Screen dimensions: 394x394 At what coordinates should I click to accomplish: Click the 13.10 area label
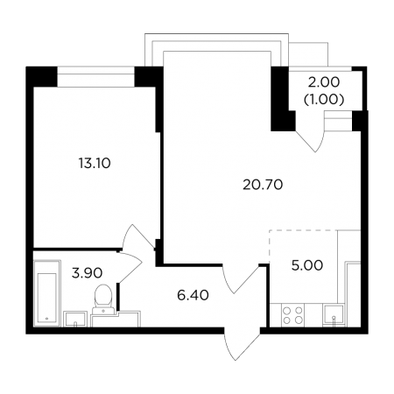95,163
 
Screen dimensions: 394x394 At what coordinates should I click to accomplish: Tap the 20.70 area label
263,185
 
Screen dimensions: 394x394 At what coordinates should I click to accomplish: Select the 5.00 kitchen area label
307,265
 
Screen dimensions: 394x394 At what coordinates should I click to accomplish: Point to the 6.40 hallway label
193,295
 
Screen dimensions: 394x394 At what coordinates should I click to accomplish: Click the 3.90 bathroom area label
87,273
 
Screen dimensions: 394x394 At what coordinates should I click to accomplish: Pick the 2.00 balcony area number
324,82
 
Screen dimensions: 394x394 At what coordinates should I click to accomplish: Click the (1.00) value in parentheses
324,100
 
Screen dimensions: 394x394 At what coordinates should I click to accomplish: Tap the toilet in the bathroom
102,299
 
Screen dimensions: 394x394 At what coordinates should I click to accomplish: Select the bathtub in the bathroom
47,293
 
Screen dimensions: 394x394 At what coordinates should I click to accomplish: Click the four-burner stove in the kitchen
292,315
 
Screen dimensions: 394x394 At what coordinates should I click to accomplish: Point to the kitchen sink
334,315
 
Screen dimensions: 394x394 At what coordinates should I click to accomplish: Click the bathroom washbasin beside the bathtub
75,319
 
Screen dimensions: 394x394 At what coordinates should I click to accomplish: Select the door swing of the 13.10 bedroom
138,236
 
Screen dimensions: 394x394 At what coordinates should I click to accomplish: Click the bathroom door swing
130,267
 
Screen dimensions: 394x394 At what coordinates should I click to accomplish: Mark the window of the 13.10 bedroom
95,77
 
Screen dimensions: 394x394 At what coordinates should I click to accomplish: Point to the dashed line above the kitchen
303,230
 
